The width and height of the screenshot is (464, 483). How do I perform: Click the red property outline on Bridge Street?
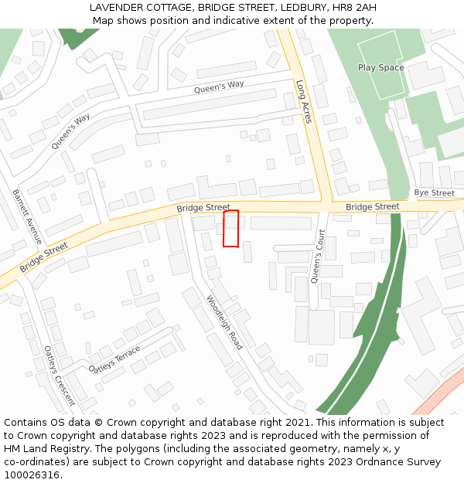point(230,229)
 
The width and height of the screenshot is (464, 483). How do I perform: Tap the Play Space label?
point(380,67)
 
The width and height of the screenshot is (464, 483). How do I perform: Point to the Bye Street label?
point(434,192)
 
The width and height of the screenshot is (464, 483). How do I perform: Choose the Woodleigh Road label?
point(224,322)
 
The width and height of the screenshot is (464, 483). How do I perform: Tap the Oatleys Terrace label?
point(115,359)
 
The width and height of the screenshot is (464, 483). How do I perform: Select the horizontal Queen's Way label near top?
point(219,89)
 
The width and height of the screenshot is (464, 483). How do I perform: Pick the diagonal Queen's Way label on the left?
point(70,131)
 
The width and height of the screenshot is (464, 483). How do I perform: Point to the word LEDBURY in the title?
point(302,8)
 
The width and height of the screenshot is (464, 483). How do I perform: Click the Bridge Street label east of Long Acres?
point(372,206)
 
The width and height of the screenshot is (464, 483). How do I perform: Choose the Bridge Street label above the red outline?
point(203,208)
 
